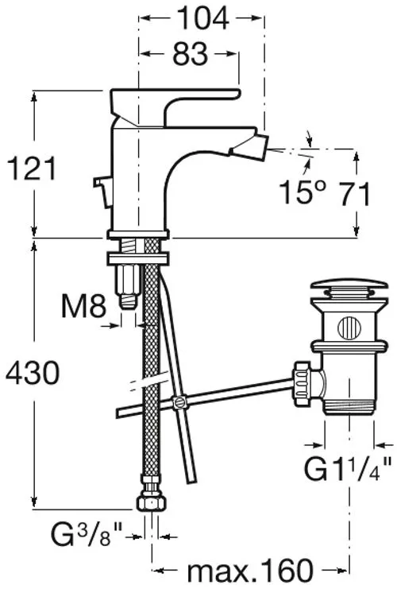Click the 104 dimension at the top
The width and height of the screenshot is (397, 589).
(x=202, y=18)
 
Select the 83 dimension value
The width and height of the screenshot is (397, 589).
(x=190, y=54)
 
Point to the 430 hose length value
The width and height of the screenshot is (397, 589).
(x=33, y=373)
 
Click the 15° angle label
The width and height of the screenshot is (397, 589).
(x=303, y=192)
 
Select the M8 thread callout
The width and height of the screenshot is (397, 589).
(x=84, y=307)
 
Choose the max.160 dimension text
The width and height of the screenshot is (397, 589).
(x=249, y=571)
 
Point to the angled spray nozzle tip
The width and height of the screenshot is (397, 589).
(x=249, y=148)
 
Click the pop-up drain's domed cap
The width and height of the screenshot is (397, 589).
(x=349, y=285)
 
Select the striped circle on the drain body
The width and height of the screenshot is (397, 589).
(x=349, y=328)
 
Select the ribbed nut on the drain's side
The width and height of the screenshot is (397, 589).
(x=302, y=383)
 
